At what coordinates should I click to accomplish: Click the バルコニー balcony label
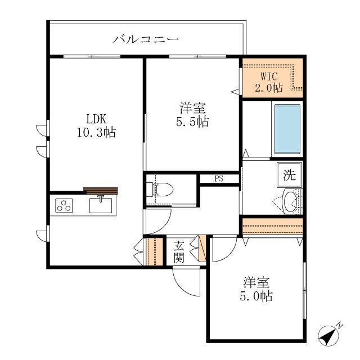146,39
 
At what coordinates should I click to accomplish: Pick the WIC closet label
268,76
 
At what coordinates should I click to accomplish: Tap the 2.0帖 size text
268,87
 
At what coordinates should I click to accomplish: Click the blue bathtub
287,129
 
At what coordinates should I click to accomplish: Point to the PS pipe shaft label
218,179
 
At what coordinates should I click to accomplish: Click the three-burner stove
64,206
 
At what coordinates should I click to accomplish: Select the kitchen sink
101,205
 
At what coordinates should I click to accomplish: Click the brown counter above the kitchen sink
101,190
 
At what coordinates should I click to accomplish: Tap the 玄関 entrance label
179,251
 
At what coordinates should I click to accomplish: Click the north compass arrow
327,336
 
